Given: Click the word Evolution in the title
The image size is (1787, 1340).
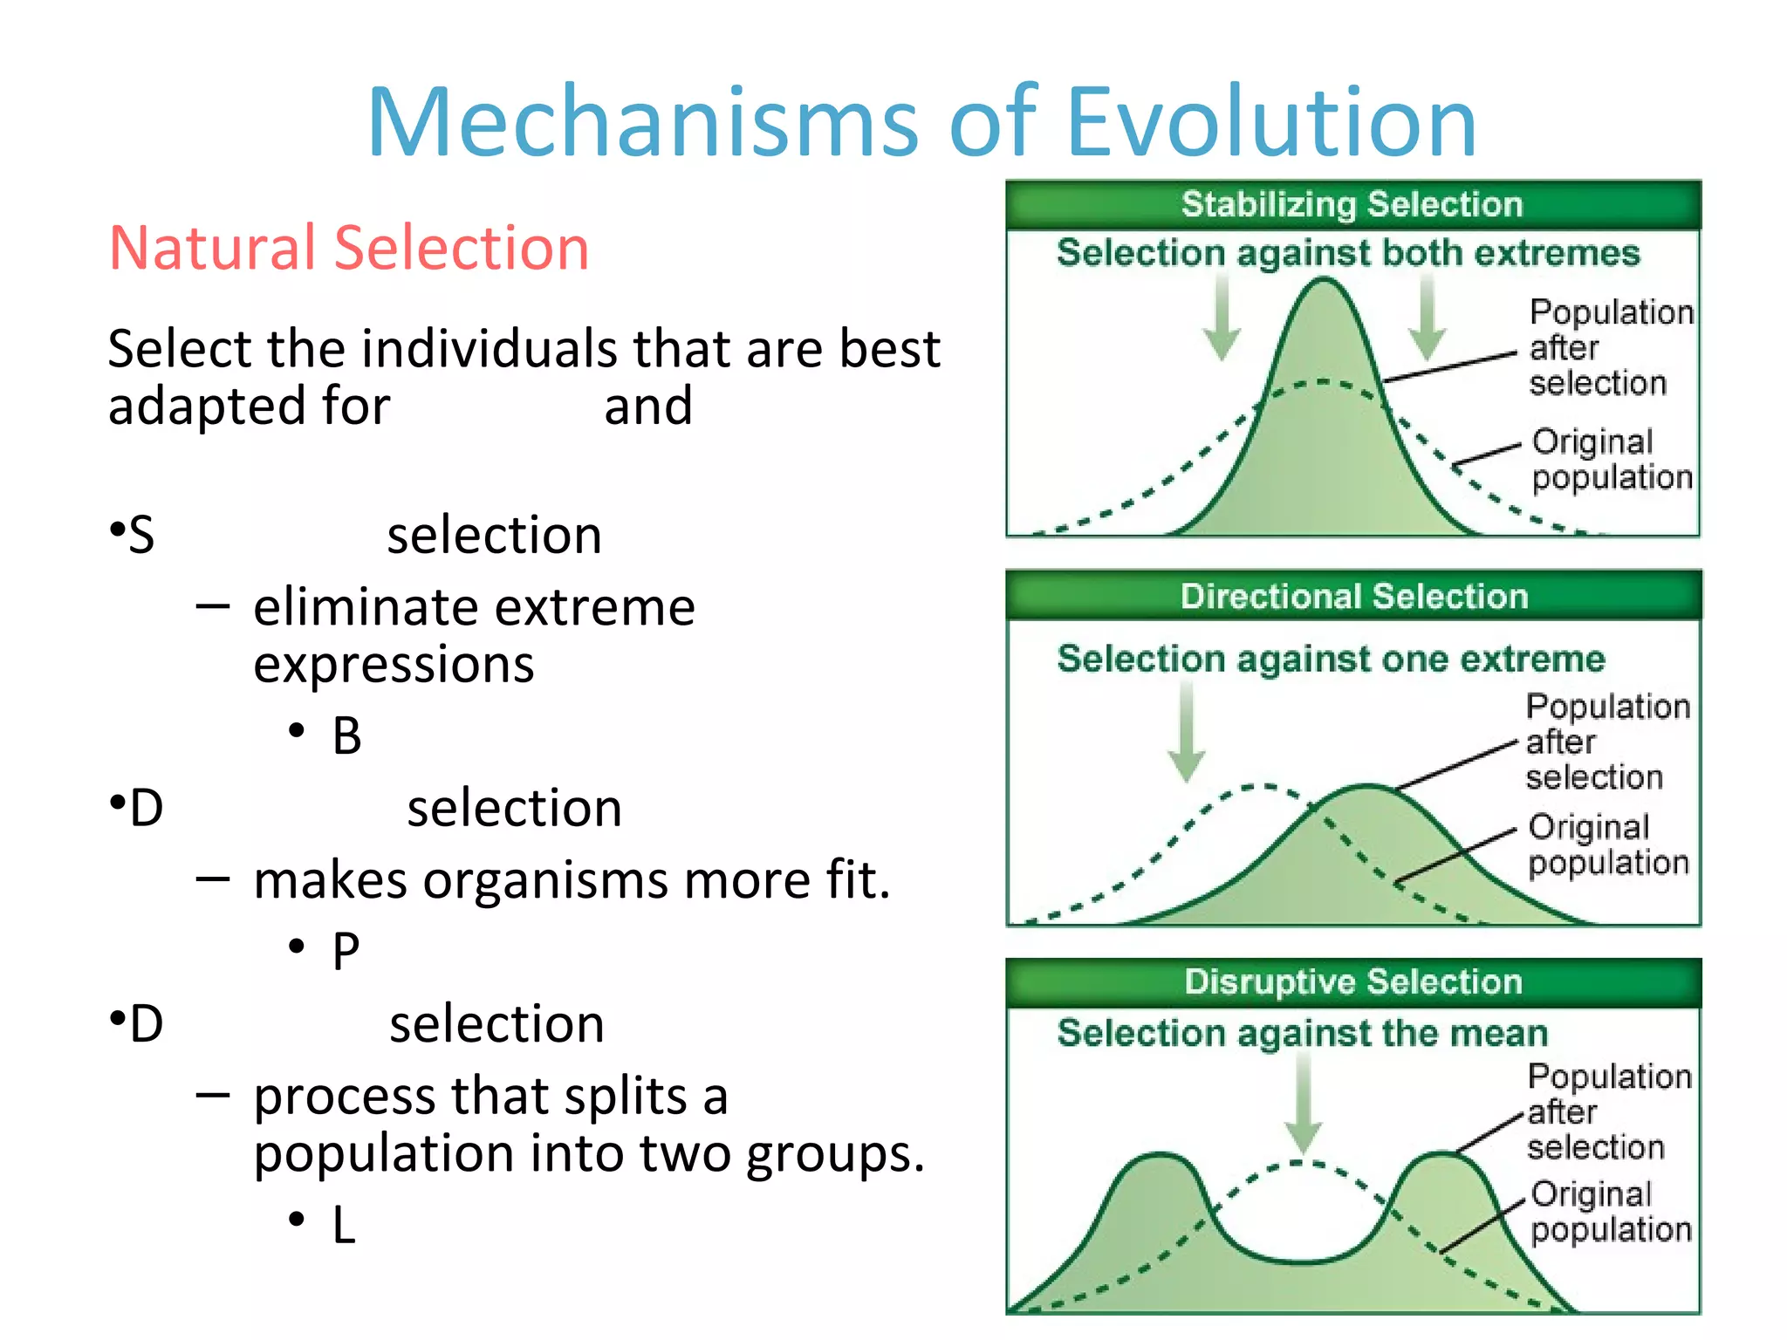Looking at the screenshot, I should pos(1271,122).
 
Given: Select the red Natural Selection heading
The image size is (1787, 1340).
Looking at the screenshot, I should pos(349,249).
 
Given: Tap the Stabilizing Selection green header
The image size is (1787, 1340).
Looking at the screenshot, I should pos(1352,204).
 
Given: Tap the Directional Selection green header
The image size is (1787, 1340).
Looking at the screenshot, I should pos(1353,597).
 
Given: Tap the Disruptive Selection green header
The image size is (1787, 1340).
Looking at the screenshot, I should pos(1353,982).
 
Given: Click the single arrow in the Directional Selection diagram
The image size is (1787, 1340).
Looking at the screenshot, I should pos(1187,733).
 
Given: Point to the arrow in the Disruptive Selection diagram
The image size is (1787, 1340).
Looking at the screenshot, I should pos(1304,1104).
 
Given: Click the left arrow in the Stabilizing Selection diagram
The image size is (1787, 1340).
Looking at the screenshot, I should pos(1222,318).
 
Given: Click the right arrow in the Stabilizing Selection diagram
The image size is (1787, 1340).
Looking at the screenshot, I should pos(1428,318).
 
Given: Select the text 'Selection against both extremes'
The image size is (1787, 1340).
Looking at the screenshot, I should pos(1348,253).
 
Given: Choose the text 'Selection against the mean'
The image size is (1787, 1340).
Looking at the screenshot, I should pos(1302,1034).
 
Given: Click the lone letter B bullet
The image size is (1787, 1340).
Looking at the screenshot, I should pos(346,735).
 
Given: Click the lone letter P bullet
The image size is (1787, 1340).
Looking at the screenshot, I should pos(346,951).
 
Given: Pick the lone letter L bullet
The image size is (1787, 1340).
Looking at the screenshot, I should pos(344,1225).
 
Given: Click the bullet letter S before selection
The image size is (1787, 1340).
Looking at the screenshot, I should pos(141,535).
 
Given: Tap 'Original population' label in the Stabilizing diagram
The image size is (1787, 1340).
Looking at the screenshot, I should pos(1611,460).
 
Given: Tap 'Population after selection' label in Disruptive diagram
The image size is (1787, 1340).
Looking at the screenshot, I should pos(1607,1112).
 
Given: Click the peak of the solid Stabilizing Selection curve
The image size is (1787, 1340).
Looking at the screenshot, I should pos(1324,282).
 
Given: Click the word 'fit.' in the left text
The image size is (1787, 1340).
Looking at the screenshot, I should pos(858,879).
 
